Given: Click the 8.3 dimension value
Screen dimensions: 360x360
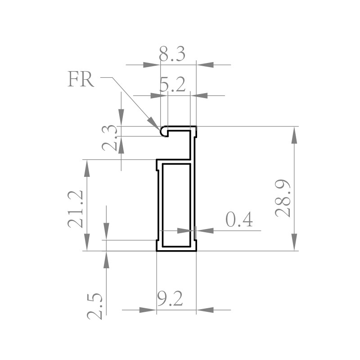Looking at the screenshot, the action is (x=172, y=54).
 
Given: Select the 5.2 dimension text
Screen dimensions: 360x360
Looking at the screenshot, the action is (x=172, y=84).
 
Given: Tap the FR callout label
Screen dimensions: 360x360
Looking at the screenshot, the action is (x=81, y=79).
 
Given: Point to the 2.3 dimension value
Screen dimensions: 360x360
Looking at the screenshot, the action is (x=110, y=138).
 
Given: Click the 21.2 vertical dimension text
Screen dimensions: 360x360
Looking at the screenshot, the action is (x=75, y=209).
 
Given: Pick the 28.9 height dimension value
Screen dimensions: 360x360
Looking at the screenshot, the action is (x=283, y=198).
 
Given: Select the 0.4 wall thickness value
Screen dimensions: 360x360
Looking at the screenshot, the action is (x=239, y=219).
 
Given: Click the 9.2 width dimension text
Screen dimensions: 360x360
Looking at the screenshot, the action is (x=170, y=298).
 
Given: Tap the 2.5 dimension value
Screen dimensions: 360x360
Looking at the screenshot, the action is (x=94, y=306).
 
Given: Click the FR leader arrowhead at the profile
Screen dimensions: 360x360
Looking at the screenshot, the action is (x=153, y=123).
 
